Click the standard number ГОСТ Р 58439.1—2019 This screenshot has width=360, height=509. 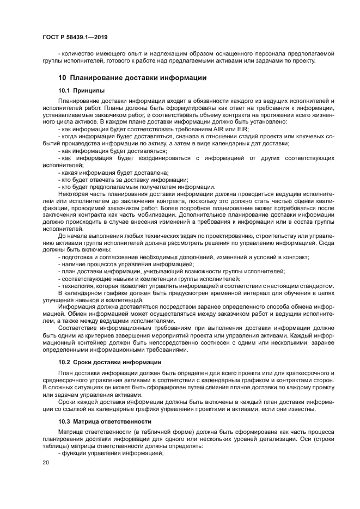(74, 38)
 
